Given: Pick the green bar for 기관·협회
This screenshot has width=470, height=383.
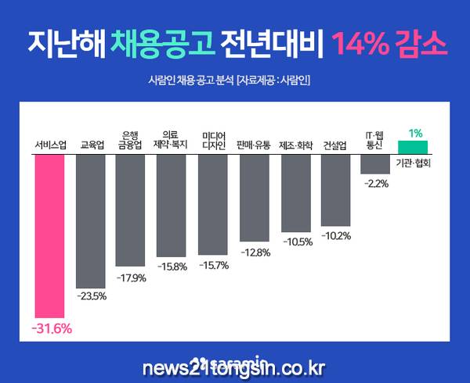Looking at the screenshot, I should pos(413,147).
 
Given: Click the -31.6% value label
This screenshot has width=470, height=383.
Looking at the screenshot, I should pos(52,329).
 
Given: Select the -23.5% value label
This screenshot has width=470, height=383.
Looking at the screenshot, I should pos(92,296).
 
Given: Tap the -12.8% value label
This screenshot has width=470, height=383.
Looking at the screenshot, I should pos(255,252).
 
